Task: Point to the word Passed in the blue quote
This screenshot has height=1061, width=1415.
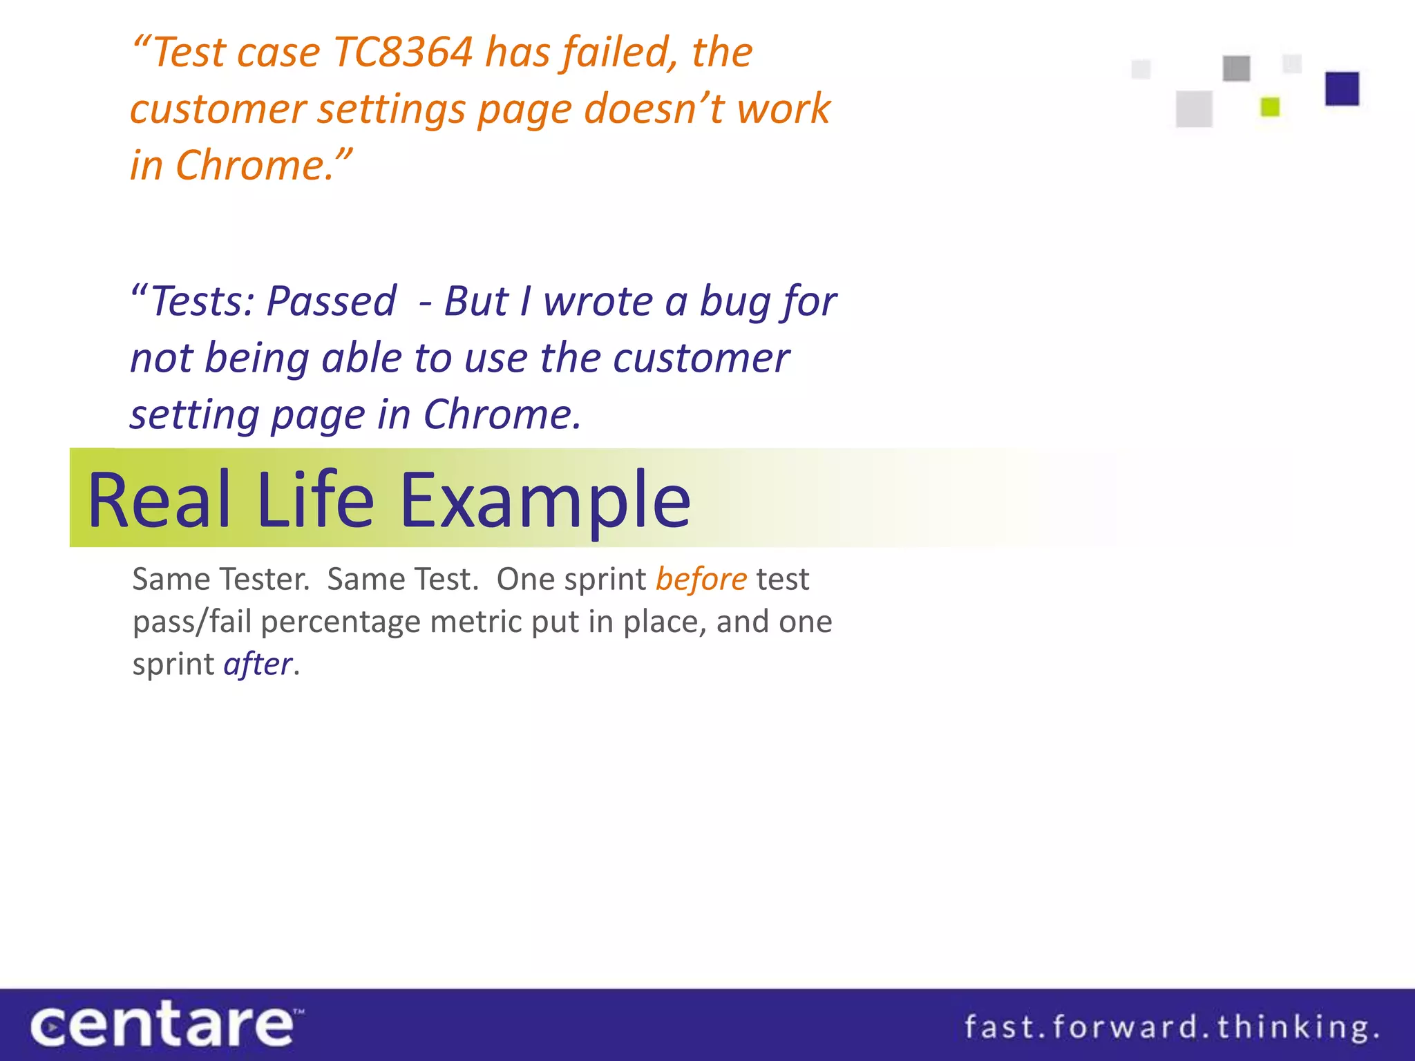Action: [332, 302]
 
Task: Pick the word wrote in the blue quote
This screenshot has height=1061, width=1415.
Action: [597, 302]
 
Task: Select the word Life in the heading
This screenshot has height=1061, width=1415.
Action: [315, 499]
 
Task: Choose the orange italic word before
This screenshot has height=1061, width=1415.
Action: [701, 579]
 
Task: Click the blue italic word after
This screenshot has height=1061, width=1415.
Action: [258, 664]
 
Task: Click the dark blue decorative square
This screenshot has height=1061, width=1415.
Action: [1342, 88]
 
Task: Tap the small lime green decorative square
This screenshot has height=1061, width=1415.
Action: [1270, 107]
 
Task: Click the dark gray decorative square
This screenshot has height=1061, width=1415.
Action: [1236, 68]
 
